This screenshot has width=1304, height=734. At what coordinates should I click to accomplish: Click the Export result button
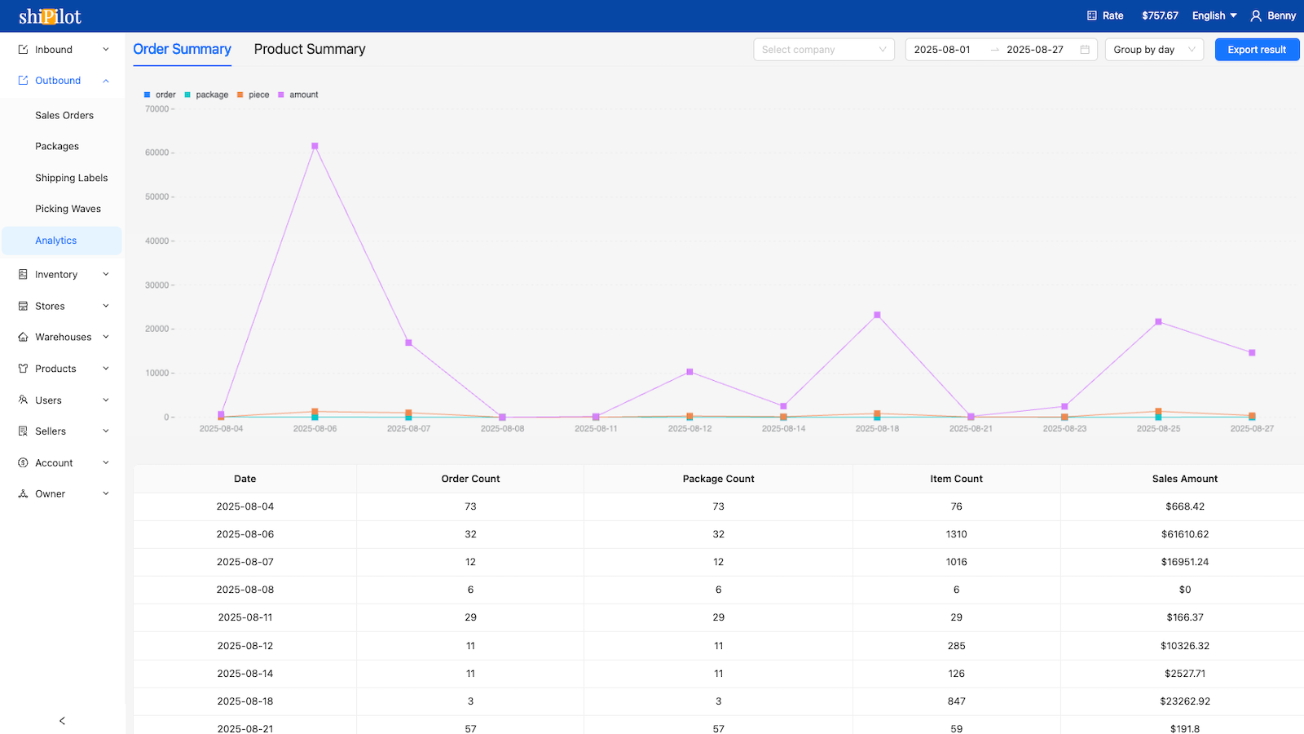(x=1257, y=50)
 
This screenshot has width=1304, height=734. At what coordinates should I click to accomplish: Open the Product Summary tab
(x=310, y=49)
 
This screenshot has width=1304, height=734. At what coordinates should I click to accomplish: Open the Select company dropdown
(x=823, y=50)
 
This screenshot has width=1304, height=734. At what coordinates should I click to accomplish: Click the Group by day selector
(x=1153, y=50)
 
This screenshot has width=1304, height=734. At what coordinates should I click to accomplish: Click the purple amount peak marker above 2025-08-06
(x=315, y=147)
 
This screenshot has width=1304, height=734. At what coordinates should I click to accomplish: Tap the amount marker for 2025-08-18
(x=877, y=315)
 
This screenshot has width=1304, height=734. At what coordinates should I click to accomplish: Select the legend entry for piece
(x=253, y=95)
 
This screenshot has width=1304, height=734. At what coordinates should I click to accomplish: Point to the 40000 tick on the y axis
(x=157, y=241)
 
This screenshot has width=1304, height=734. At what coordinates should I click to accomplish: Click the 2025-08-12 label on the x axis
(x=689, y=428)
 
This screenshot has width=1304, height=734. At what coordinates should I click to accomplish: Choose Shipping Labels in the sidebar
(x=71, y=178)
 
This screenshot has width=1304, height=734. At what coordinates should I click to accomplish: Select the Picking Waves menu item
(x=68, y=209)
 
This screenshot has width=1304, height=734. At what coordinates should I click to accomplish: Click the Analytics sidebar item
(x=55, y=241)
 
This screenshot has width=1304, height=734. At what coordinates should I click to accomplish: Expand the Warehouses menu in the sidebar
(x=63, y=337)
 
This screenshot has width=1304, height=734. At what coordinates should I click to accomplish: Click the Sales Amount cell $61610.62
(x=1184, y=534)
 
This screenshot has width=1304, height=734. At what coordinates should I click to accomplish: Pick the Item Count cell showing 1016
(x=956, y=562)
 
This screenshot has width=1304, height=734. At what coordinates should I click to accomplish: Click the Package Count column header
(x=718, y=479)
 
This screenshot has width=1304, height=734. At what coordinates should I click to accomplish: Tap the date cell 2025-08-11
(x=244, y=617)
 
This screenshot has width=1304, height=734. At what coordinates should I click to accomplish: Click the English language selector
(x=1214, y=15)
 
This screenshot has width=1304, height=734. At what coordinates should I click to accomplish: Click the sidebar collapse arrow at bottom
(x=62, y=721)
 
